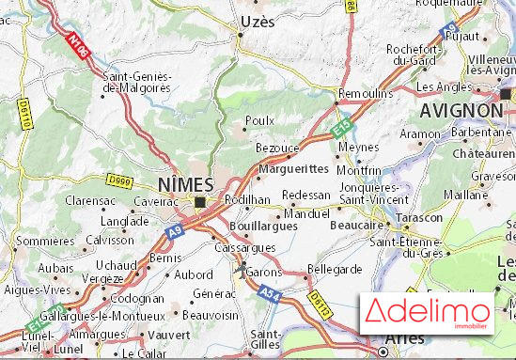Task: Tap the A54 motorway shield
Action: [x=271, y=295]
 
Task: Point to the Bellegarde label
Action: [x=335, y=269]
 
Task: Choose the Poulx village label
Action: [x=259, y=120]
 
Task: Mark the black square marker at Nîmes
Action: [x=200, y=200]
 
